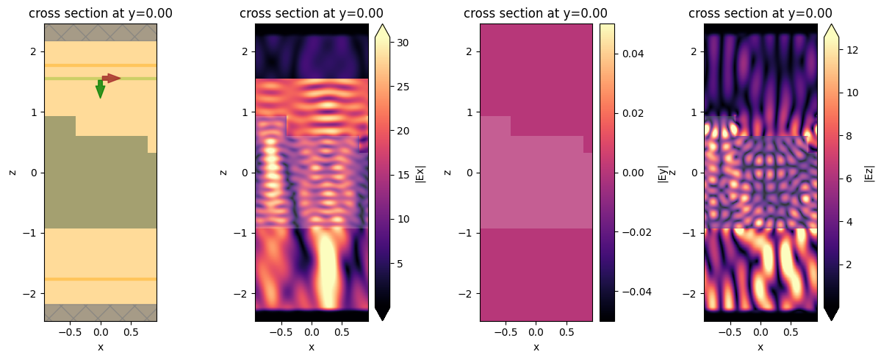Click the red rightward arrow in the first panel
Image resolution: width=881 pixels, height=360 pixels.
[111, 78]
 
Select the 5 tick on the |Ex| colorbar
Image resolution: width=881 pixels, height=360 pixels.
[401, 263]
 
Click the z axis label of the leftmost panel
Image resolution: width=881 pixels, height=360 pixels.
[12, 172]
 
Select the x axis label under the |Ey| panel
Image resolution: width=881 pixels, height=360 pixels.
[536, 347]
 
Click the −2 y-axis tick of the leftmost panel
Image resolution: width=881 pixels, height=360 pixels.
[32, 294]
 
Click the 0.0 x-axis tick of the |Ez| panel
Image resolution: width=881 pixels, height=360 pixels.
[760, 332]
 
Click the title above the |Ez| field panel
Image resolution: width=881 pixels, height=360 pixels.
[760, 13]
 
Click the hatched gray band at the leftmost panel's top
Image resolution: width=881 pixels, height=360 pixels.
[100, 32]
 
